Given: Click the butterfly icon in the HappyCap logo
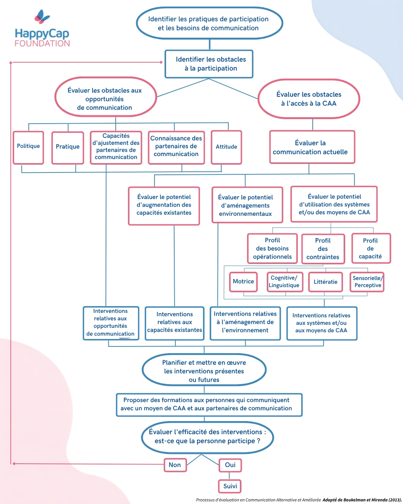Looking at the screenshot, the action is [x=42, y=17].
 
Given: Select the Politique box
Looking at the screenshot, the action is [x=28, y=147].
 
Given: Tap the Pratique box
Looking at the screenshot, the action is [x=68, y=148].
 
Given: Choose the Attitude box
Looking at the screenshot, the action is [x=226, y=147].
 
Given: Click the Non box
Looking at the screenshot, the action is [x=175, y=465].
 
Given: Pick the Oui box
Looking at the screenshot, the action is [x=230, y=465].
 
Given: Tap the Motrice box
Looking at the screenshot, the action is [x=243, y=282].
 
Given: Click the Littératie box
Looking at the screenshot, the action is [x=325, y=282].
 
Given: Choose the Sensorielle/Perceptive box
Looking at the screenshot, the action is [x=367, y=282].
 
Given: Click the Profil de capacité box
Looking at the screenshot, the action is [x=371, y=248].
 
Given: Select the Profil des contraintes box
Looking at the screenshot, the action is [x=323, y=249].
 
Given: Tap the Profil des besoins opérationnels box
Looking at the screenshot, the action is [x=272, y=249].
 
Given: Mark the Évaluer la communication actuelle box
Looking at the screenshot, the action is [x=312, y=147].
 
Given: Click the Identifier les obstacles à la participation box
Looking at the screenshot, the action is [x=209, y=64].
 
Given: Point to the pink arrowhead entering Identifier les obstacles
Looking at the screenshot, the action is [x=161, y=62].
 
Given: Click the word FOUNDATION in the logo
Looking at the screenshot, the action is [x=42, y=44].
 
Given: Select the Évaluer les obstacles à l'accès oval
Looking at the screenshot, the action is [x=309, y=99].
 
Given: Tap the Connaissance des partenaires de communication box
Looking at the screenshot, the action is [x=176, y=147].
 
